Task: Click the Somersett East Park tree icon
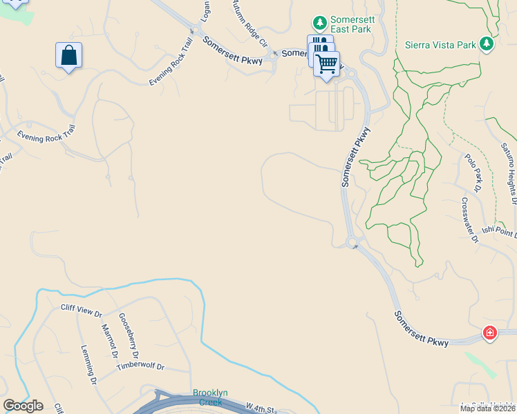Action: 320,23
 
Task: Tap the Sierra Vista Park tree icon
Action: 487,44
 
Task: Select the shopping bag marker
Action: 69,55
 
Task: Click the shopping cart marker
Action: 327,64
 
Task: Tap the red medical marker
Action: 489,333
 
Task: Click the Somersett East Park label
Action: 350,24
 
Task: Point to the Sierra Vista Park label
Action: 440,45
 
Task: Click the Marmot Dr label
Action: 108,341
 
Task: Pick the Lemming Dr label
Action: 88,364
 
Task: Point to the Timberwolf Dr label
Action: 140,366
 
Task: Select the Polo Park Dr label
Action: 473,172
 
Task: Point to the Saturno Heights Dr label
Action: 509,172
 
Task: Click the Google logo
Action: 23,406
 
